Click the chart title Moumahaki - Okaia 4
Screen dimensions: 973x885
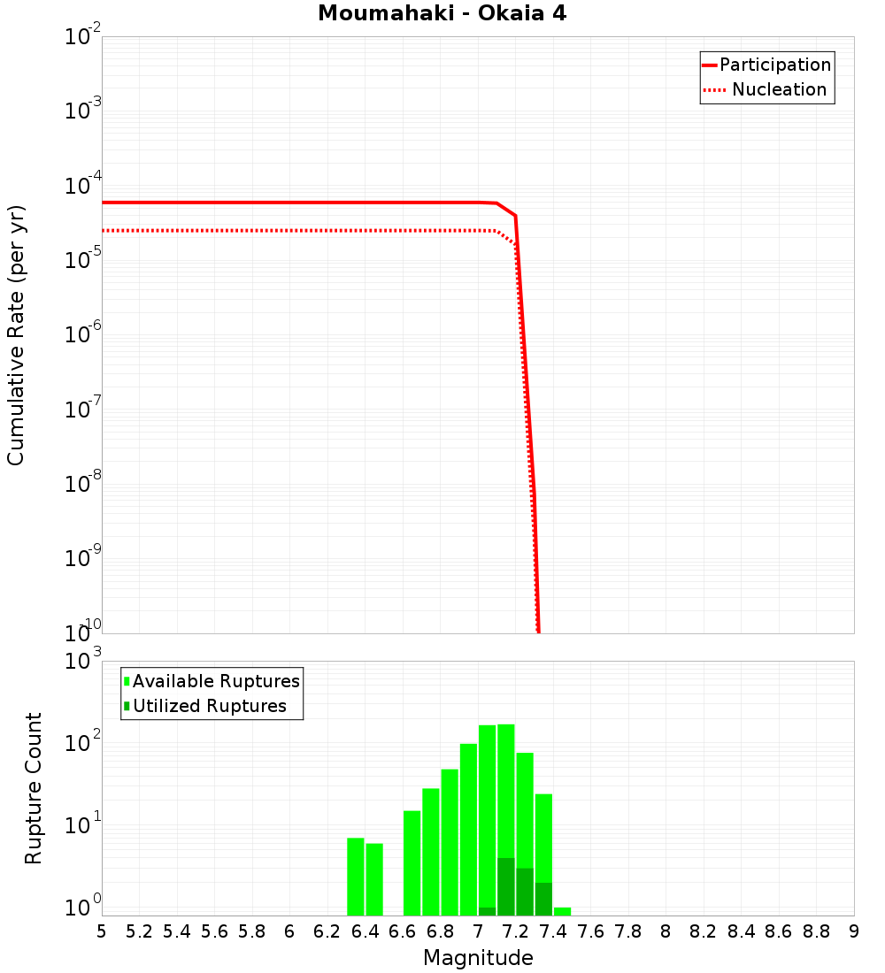coord(442,14)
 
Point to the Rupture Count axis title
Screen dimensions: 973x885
coord(34,787)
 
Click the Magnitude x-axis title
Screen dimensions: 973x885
coord(478,958)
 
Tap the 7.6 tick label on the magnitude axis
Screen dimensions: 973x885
coord(591,931)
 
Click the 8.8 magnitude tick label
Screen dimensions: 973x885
coord(817,931)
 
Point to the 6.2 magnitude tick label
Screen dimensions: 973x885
coord(327,931)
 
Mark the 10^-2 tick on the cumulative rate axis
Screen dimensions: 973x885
coord(83,38)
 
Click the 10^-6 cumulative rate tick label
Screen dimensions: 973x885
coord(83,335)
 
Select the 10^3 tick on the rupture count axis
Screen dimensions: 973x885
coord(85,662)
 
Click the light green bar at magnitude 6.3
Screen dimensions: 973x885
coord(356,877)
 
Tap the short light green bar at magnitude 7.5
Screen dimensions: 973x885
coord(562,911)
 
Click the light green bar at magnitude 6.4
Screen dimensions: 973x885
coord(374,879)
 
